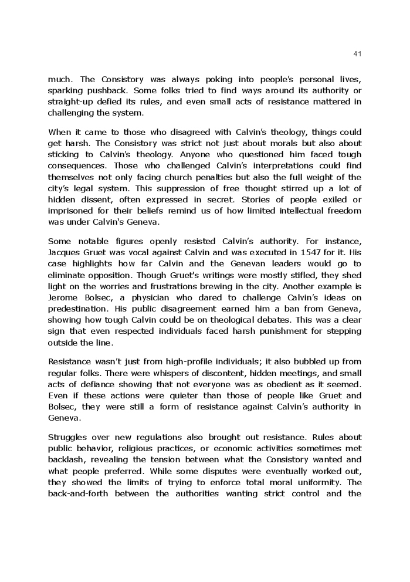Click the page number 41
[x=358, y=54]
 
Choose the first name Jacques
[x=66, y=252]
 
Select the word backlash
[x=66, y=460]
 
